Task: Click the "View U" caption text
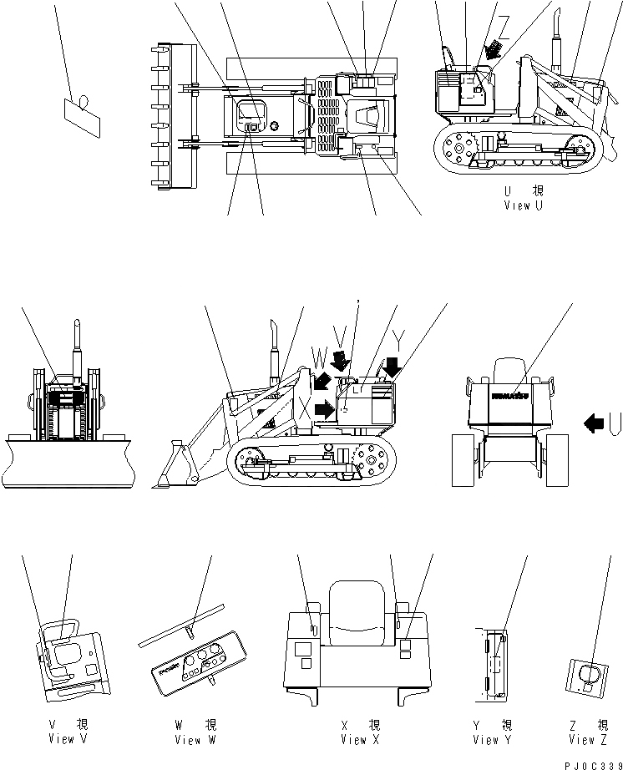(523, 205)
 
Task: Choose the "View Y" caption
(492, 739)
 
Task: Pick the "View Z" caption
(589, 739)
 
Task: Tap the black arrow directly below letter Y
(391, 366)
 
